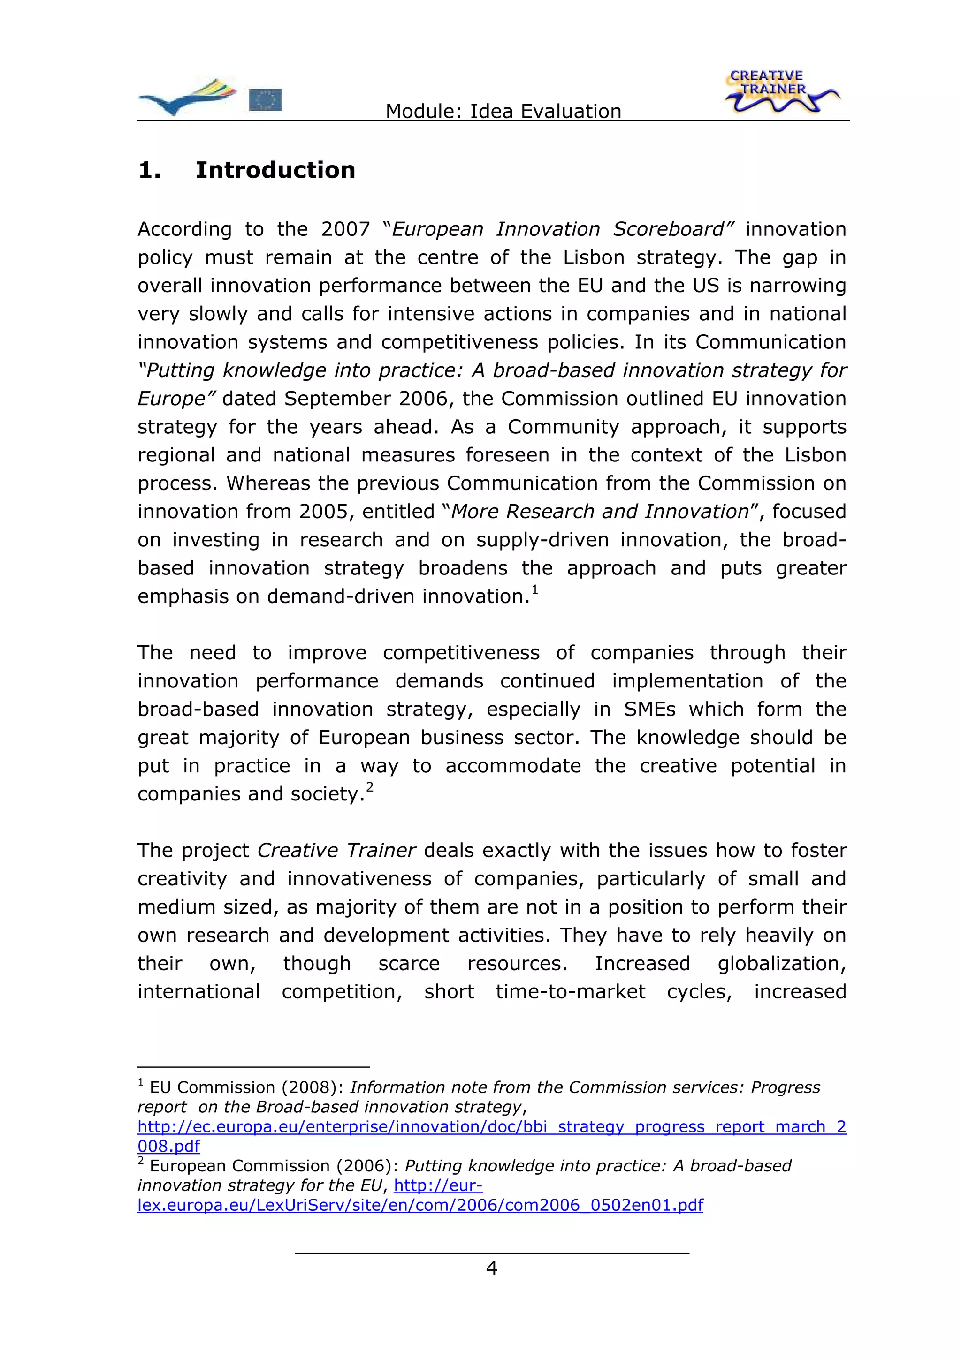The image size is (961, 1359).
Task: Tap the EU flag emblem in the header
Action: pos(265,100)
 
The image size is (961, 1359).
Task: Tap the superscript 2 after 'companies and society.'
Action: pos(370,787)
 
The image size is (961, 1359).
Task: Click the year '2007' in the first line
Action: pos(345,229)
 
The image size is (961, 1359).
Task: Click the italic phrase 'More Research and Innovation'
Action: pos(600,512)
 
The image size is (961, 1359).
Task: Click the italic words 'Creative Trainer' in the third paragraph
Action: pos(336,851)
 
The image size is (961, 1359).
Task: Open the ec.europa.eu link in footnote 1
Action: pos(491,1126)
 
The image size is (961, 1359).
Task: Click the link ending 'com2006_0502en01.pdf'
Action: pos(420,1205)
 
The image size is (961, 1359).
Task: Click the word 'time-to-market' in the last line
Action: pos(570,991)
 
